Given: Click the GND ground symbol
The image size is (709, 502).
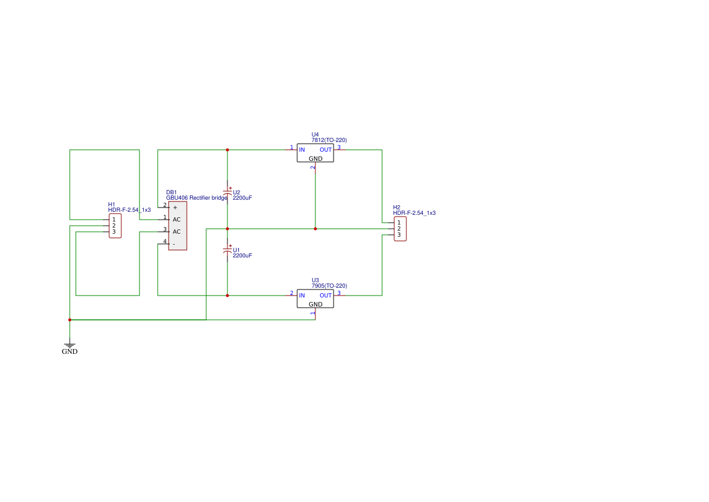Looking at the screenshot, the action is click(x=70, y=346).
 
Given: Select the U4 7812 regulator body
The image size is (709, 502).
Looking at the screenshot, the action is click(x=315, y=153).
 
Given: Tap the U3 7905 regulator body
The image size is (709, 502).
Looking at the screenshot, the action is click(x=315, y=299).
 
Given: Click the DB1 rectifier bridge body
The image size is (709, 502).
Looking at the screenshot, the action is click(x=178, y=226).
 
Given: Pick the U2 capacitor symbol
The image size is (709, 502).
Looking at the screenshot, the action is click(x=227, y=192).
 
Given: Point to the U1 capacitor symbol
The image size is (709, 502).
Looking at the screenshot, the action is click(x=227, y=250).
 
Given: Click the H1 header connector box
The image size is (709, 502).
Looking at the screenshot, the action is click(x=115, y=226).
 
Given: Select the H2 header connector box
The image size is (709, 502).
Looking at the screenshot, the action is click(x=400, y=229).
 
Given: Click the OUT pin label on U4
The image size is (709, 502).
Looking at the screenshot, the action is click(x=326, y=150).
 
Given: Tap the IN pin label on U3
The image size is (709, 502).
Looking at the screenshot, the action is click(x=302, y=296).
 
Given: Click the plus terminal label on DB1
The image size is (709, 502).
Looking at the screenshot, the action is click(x=175, y=208).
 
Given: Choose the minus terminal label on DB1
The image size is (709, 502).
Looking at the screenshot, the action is click(x=173, y=244).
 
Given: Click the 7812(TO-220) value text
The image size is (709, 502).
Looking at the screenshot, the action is click(x=329, y=140).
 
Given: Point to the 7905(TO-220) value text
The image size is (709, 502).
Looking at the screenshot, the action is click(x=329, y=286).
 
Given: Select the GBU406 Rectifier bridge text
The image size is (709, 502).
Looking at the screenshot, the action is click(x=197, y=198).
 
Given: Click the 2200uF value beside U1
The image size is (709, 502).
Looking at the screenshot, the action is click(x=243, y=256).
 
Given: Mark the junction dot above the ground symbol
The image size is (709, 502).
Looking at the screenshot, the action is click(x=70, y=320).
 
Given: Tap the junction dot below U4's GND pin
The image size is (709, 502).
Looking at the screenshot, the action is click(x=315, y=229).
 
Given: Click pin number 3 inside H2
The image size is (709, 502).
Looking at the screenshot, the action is click(x=399, y=235).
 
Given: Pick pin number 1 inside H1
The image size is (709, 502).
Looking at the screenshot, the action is click(x=114, y=220).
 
